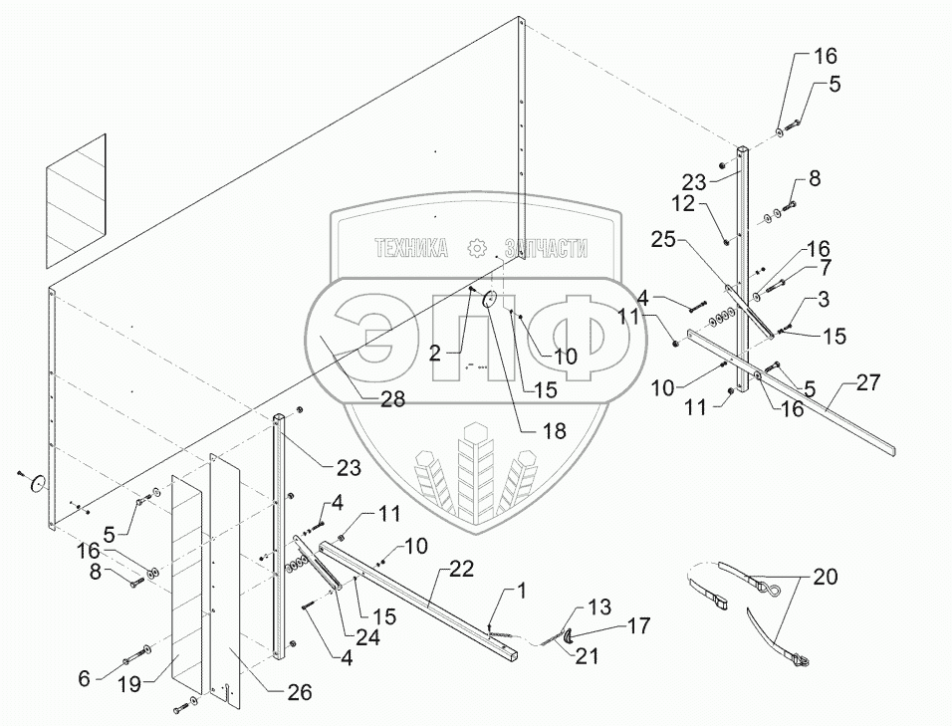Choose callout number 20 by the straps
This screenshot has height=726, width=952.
click(x=826, y=576)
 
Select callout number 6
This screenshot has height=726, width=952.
click(x=85, y=677)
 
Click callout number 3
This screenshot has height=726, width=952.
click(x=825, y=298)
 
